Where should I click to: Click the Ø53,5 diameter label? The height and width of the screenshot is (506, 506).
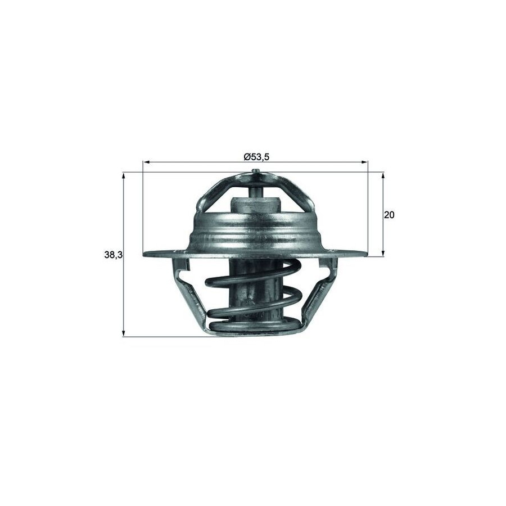(256, 157)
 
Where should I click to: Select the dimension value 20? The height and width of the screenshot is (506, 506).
(389, 215)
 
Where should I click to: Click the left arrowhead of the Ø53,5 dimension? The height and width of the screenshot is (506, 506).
(146, 162)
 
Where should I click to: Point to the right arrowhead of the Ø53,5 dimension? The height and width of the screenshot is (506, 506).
(364, 162)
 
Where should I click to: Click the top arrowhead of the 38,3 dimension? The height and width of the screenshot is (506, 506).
(123, 176)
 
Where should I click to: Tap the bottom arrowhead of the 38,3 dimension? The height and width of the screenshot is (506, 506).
(123, 333)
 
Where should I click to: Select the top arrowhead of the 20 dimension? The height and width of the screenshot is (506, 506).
(383, 176)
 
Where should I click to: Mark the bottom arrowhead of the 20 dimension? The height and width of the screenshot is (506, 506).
(383, 253)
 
